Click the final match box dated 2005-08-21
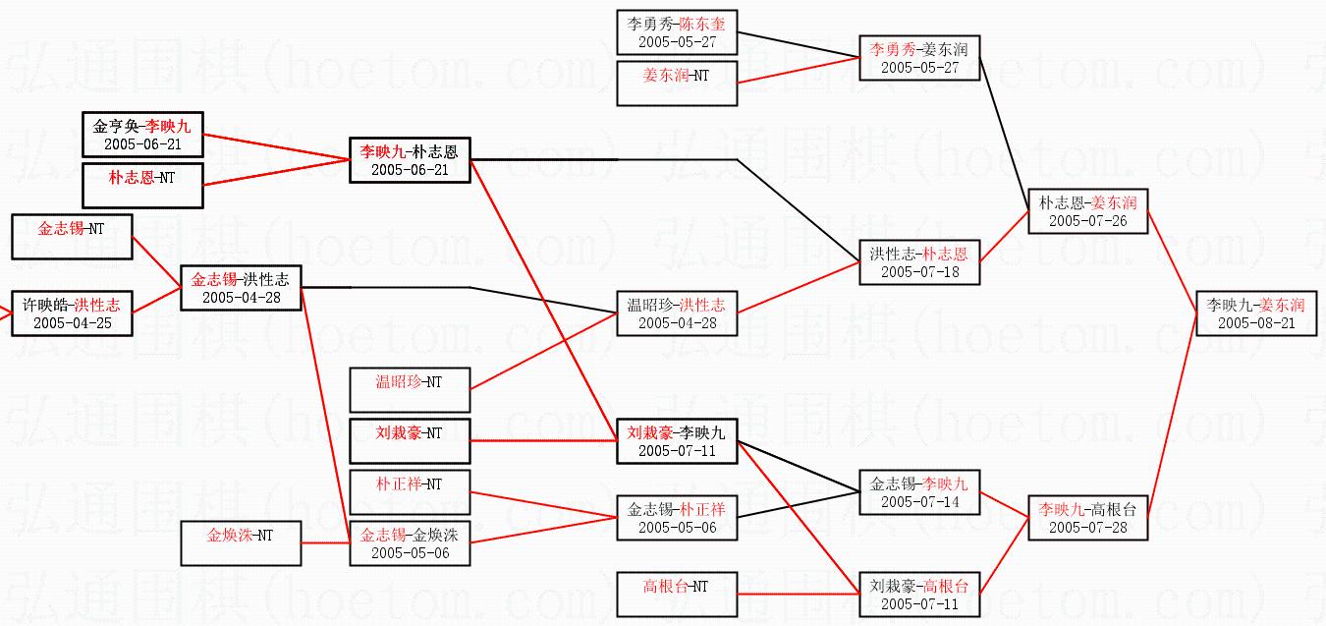coord(1255,313)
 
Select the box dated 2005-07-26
coord(1088,210)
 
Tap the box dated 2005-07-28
coord(1088,518)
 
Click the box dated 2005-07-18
coord(919,261)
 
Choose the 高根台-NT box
coord(676,595)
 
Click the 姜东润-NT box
coord(676,83)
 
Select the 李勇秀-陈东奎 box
coord(676,32)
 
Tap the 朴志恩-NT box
coord(142,186)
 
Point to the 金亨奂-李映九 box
coord(142,134)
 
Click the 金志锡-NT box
coord(72,237)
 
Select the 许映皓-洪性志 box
coord(72,313)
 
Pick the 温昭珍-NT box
coord(410,389)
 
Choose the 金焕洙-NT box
coord(241,543)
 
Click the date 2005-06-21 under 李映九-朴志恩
coord(410,169)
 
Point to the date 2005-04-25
coord(72,322)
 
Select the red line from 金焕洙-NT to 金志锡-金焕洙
coord(325,542)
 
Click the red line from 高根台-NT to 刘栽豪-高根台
coord(799,594)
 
